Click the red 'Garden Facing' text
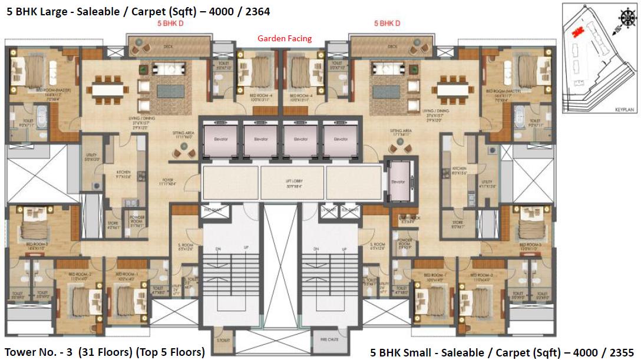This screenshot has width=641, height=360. coord(285,39)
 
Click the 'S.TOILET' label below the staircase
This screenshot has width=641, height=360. coord(223,341)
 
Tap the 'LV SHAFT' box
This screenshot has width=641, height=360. coord(328,210)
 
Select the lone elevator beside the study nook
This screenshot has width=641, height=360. coord(398,181)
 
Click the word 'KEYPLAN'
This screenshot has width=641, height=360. coord(623,110)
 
